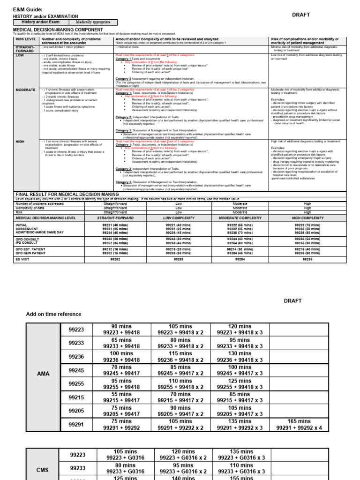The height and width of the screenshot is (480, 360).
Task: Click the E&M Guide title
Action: pos(28,9)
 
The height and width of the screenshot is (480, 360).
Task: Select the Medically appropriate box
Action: pos(94,22)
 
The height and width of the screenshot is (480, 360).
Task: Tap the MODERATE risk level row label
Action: pos(25,90)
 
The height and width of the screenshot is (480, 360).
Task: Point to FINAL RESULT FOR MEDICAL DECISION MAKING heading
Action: pos(67,194)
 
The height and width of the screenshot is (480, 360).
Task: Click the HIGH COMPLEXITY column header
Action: pos(307,218)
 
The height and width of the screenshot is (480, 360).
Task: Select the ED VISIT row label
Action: pos(24,259)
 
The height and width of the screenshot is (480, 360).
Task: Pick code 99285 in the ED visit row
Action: pos(307,259)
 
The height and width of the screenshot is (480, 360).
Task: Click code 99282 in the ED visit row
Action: pos(115,259)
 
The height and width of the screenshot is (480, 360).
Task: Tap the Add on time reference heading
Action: pos(53,314)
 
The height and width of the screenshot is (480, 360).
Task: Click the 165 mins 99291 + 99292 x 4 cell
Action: pos(299,425)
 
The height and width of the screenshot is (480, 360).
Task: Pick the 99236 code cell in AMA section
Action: pos(76,356)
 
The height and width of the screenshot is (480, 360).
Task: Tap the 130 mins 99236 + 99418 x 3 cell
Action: pos(240,356)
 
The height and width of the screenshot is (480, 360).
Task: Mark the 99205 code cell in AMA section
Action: pos(76,411)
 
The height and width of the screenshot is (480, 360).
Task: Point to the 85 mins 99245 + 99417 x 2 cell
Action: pos(180,370)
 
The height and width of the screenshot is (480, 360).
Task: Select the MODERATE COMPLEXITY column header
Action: pos(240,218)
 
